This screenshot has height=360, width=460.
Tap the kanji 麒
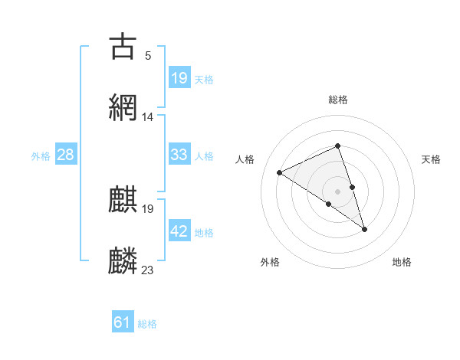(123, 199)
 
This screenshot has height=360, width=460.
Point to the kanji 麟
(123, 260)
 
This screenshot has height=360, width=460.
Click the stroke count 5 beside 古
(148, 56)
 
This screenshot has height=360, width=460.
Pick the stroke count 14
(148, 117)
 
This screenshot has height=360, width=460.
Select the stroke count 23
(148, 270)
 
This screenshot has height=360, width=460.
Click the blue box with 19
(179, 77)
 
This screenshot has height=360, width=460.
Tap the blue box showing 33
(179, 155)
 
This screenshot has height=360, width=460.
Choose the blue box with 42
(179, 231)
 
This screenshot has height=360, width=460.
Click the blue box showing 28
(66, 155)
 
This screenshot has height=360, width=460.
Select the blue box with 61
(123, 322)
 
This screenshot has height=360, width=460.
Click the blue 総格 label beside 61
(147, 324)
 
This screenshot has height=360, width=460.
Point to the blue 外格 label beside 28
(41, 155)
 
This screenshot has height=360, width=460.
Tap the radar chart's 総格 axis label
(338, 100)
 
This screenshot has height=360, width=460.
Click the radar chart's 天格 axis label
(431, 159)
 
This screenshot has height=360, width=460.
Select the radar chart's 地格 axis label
(402, 263)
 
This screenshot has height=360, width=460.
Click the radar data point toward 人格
(280, 172)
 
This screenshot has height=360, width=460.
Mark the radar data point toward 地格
(364, 228)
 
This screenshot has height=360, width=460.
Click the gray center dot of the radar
(337, 191)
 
